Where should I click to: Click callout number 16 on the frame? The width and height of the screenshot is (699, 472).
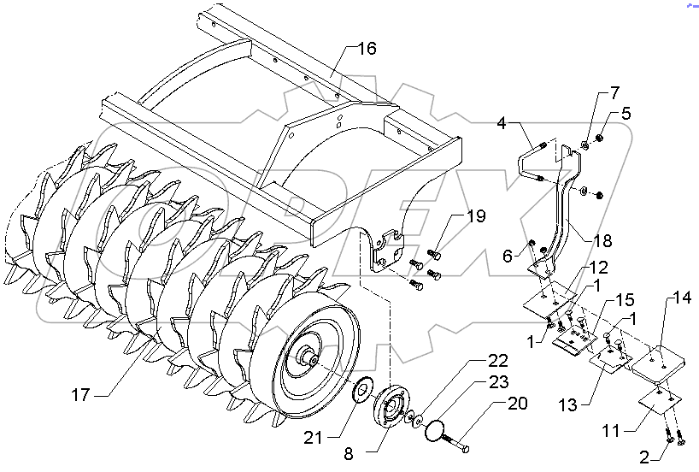coord(366,49)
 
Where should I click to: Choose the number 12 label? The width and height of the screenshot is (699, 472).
coord(596,268)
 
